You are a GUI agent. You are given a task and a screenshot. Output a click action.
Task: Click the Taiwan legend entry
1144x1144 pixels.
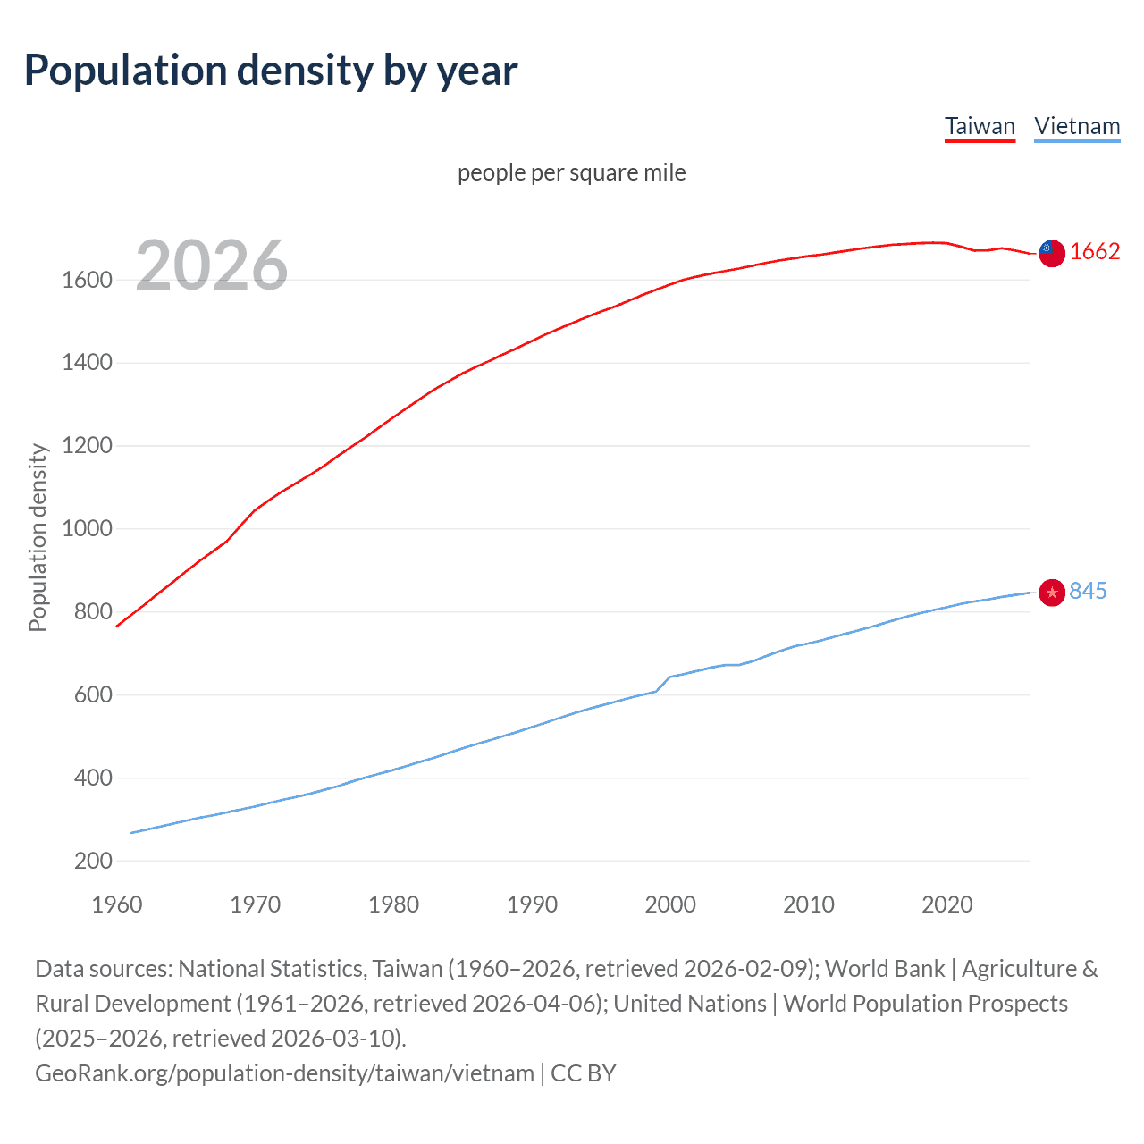click(x=980, y=126)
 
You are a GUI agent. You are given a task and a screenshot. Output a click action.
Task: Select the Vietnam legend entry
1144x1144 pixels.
click(x=1077, y=126)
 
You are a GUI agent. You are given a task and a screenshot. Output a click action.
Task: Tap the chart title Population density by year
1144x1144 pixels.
click(x=271, y=71)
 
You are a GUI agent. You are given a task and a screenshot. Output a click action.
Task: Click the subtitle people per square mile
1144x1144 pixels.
click(x=571, y=172)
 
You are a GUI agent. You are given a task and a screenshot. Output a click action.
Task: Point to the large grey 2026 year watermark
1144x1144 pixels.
click(x=212, y=265)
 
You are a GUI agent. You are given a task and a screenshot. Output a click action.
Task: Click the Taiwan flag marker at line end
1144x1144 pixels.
click(x=1052, y=253)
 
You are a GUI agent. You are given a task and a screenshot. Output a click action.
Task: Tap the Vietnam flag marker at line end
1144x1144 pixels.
click(x=1052, y=592)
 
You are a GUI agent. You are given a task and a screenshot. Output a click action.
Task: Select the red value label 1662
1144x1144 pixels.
click(x=1095, y=252)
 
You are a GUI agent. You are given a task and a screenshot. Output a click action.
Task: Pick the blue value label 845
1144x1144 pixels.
click(x=1088, y=591)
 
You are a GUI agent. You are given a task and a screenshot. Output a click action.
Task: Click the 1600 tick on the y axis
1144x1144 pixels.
click(x=87, y=281)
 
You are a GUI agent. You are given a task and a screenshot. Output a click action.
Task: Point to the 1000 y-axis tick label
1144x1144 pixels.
click(x=87, y=529)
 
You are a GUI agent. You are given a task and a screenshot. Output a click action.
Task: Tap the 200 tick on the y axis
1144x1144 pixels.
click(x=94, y=862)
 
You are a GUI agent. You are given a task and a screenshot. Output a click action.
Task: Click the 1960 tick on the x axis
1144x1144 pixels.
click(x=117, y=904)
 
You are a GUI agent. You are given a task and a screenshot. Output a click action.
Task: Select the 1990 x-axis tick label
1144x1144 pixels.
click(x=532, y=904)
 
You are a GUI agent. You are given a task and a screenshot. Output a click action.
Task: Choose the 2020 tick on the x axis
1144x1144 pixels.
click(x=946, y=904)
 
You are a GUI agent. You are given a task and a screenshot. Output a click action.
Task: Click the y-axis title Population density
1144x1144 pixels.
click(x=38, y=538)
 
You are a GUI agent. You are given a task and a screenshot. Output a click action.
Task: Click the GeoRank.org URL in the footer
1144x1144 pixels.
click(x=284, y=1072)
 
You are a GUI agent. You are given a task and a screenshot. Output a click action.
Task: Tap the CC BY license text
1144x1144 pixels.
click(x=584, y=1072)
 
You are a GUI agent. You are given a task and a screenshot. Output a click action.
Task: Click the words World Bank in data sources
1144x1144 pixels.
click(x=884, y=969)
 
